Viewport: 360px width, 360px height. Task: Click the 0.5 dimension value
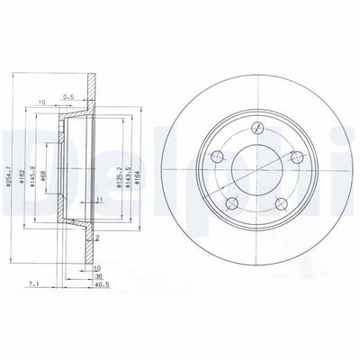coord(70,99)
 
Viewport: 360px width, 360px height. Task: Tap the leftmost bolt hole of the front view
coord(216,159)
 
